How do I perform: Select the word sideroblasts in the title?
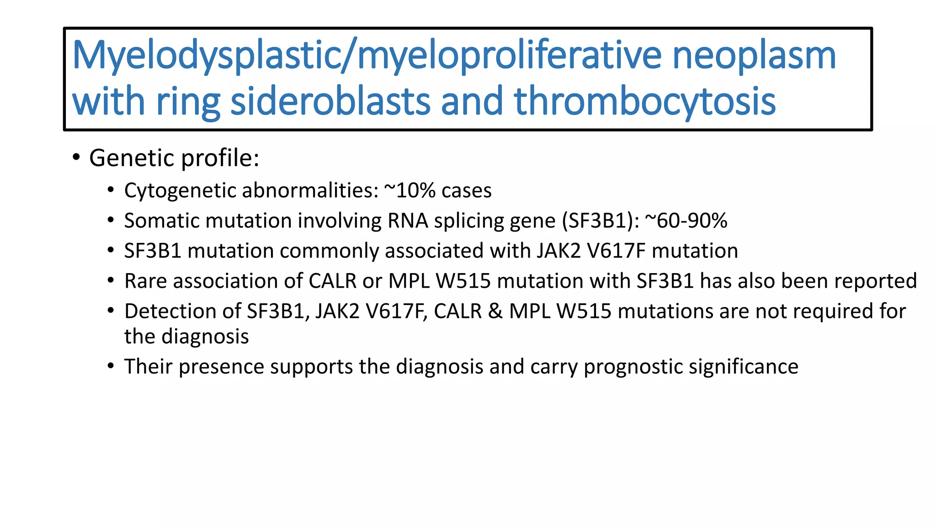[x=330, y=102]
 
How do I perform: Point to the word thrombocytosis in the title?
[x=644, y=102]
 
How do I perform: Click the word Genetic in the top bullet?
[x=132, y=158]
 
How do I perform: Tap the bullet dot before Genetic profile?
[x=76, y=157]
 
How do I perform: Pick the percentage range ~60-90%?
[x=686, y=220]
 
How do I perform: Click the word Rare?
[x=146, y=281]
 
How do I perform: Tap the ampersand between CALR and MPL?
[x=495, y=311]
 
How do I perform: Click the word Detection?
[x=182, y=311]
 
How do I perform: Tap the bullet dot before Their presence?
[x=111, y=366]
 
